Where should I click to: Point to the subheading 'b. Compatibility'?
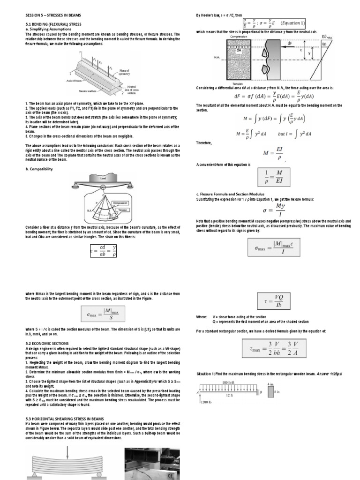[x=39, y=169]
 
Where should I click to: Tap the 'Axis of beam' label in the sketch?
[x=75, y=81]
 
